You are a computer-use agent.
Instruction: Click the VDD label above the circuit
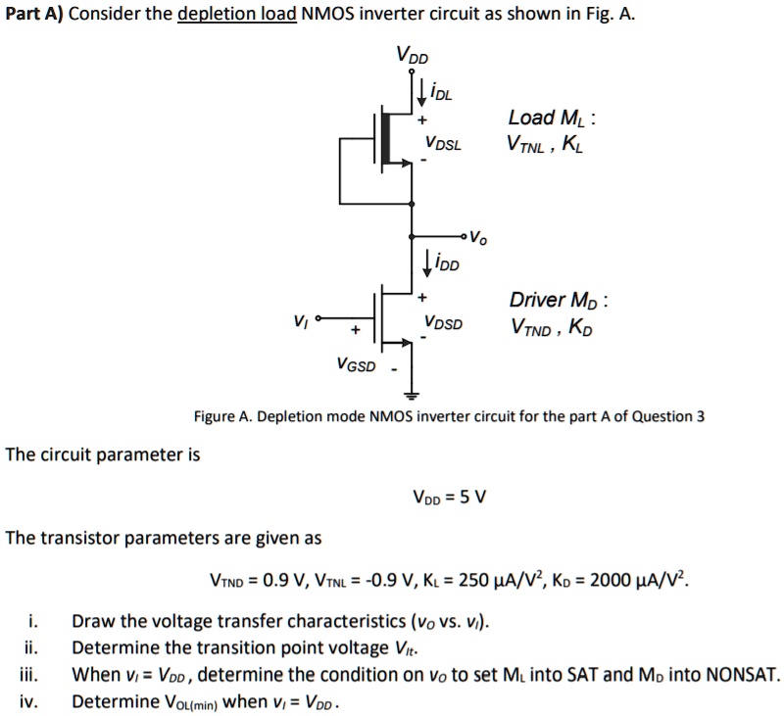point(412,54)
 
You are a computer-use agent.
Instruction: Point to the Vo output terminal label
point(476,237)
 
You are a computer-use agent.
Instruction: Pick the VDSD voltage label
point(444,323)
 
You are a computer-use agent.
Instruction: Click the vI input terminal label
point(300,320)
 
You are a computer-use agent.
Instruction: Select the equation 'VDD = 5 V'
point(451,497)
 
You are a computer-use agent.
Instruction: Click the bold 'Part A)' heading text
point(32,18)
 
